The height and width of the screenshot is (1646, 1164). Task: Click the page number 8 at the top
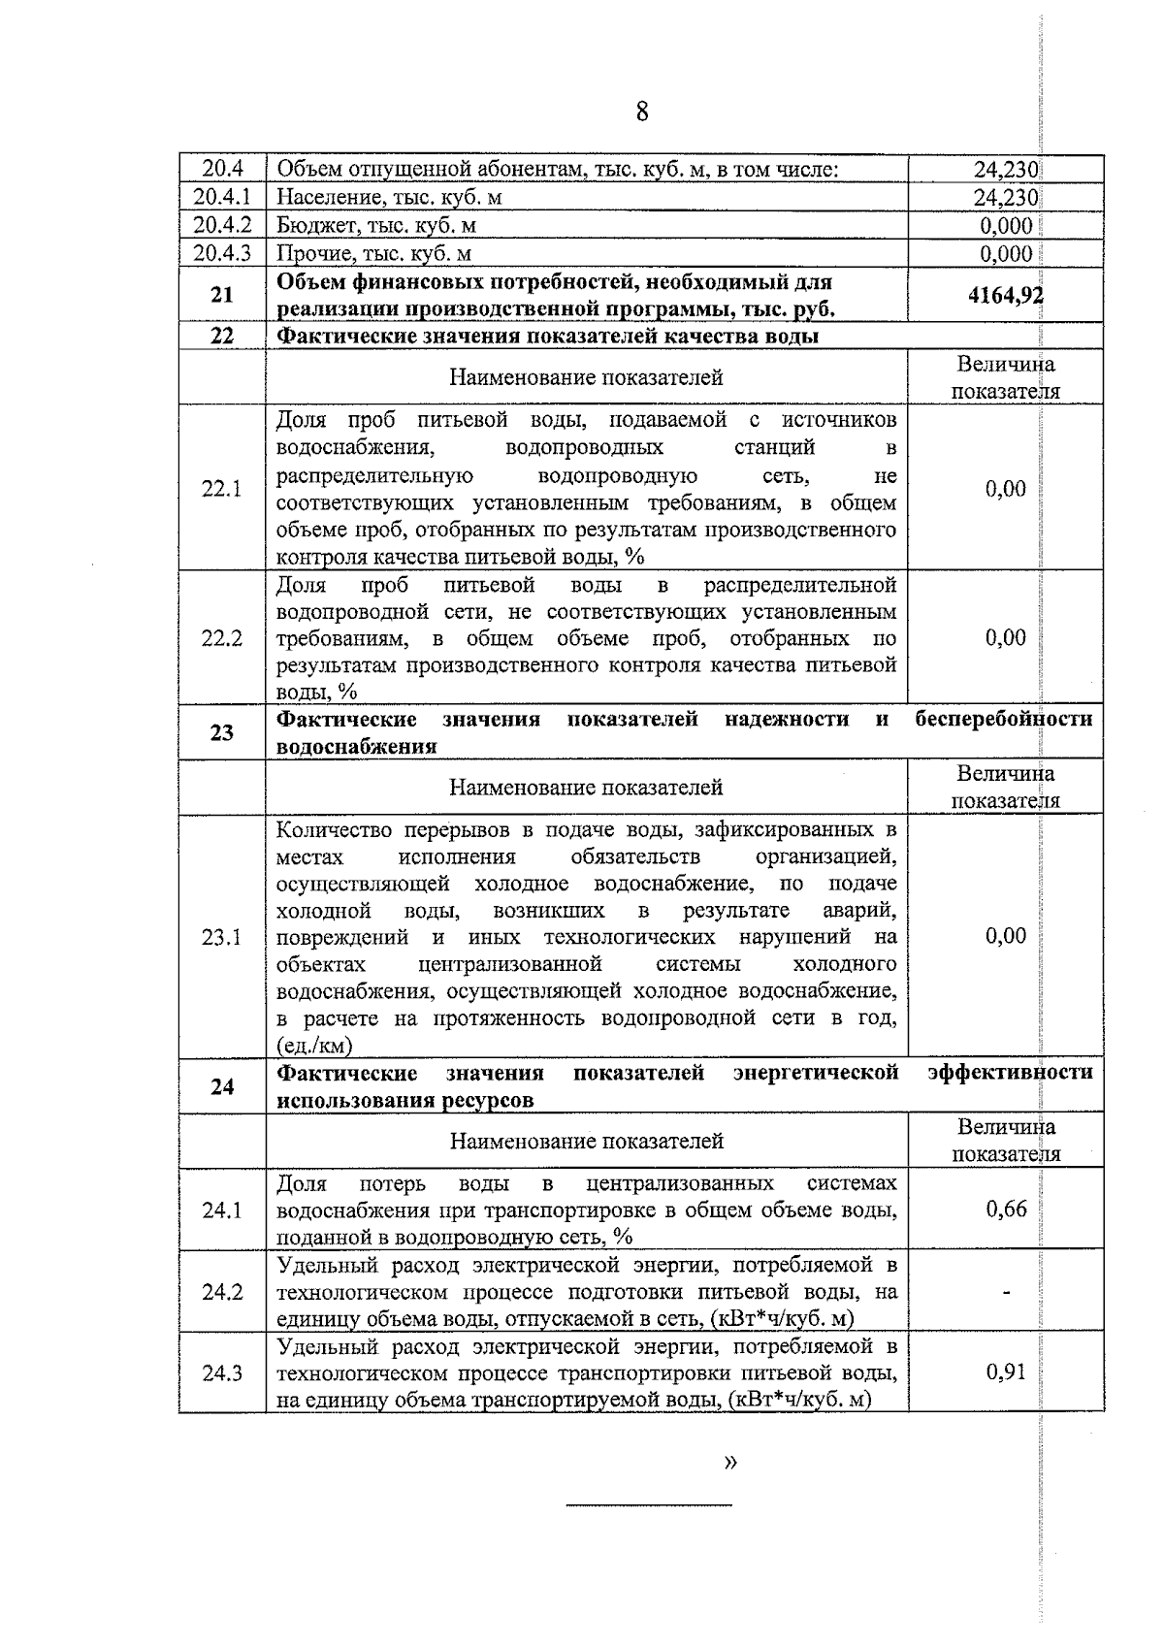(x=642, y=113)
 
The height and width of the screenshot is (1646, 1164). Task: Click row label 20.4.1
(x=222, y=198)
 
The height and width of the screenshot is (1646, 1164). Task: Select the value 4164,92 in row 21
(x=1006, y=295)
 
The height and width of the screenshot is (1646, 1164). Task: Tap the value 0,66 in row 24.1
(x=1006, y=1209)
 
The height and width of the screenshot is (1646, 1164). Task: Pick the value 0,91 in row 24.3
(x=1006, y=1372)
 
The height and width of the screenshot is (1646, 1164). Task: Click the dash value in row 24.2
(x=1006, y=1292)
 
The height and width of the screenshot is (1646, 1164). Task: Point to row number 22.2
(x=222, y=638)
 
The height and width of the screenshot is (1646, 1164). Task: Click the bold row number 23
(x=222, y=732)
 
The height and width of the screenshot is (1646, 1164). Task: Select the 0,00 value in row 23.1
(x=1006, y=936)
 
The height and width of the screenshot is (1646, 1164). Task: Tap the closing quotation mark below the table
(x=730, y=1462)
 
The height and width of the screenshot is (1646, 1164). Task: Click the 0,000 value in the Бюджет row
(x=1006, y=226)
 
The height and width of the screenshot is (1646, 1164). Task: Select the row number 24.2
(x=222, y=1292)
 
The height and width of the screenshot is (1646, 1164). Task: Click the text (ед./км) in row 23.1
(x=314, y=1046)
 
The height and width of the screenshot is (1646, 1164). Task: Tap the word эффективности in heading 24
(x=1010, y=1073)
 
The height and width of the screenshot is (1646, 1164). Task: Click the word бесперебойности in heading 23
(x=1004, y=719)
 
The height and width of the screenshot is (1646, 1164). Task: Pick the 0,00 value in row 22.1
(x=1006, y=488)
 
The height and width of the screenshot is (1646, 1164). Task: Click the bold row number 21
(x=222, y=295)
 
